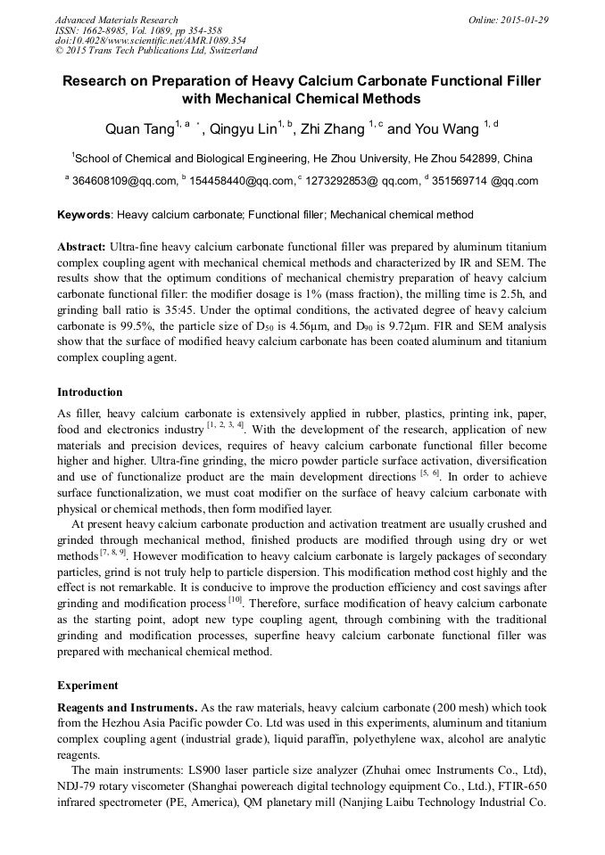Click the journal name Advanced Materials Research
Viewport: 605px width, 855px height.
tap(116, 20)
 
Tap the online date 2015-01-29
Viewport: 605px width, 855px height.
tap(526, 20)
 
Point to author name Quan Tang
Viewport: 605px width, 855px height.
tap(139, 130)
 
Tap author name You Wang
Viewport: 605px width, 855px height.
tap(447, 130)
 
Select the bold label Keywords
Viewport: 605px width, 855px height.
tap(84, 215)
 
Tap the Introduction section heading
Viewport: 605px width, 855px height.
tap(90, 392)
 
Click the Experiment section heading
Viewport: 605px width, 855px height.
tap(87, 686)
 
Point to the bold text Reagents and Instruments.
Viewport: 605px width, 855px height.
tap(128, 708)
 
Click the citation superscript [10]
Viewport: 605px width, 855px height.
tap(235, 600)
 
